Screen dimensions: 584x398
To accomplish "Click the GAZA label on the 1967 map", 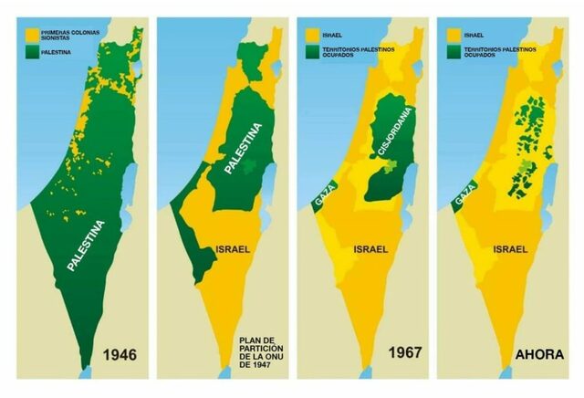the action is point(321,197).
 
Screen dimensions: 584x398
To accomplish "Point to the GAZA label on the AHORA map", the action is point(462,197).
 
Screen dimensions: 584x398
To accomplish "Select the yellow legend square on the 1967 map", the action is point(312,34).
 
